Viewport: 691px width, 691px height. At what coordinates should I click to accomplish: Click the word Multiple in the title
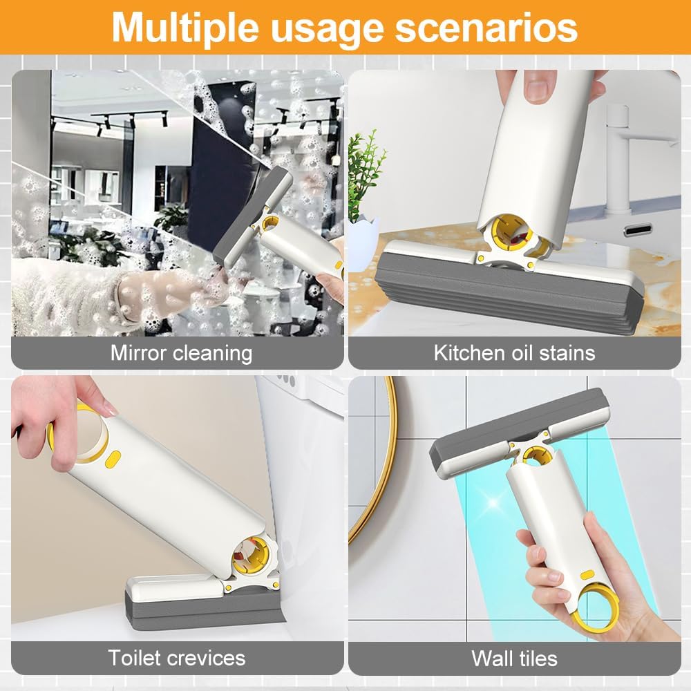click(x=185, y=28)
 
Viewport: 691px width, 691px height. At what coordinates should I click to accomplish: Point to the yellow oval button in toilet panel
click(x=113, y=458)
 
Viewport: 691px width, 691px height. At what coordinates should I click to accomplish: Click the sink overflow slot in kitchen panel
click(x=638, y=229)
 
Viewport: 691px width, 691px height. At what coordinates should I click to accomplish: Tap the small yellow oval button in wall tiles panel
click(x=587, y=575)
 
